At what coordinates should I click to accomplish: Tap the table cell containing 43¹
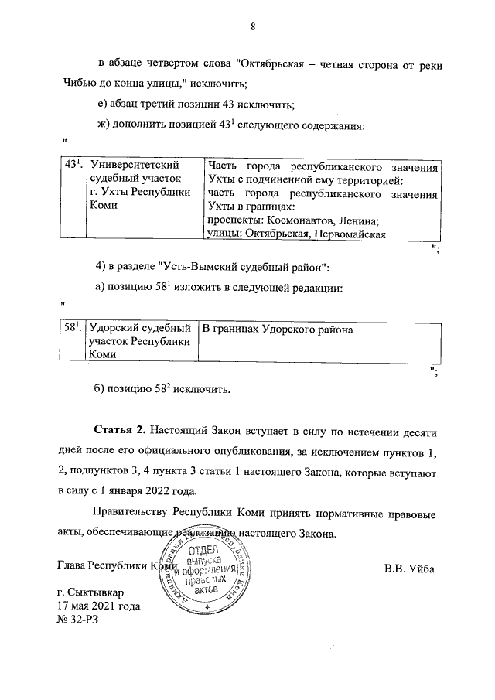[73, 166]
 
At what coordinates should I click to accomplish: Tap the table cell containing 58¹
[73, 330]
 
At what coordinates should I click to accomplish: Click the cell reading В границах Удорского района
[277, 330]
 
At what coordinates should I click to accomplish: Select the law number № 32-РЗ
[80, 620]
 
